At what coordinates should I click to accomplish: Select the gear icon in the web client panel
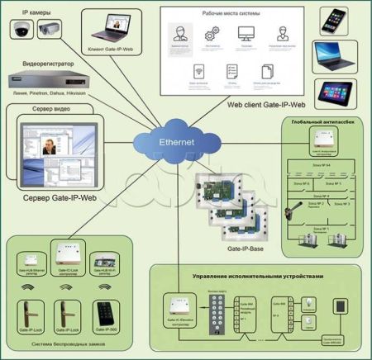(210, 34)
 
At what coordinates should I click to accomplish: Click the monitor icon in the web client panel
(246, 34)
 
